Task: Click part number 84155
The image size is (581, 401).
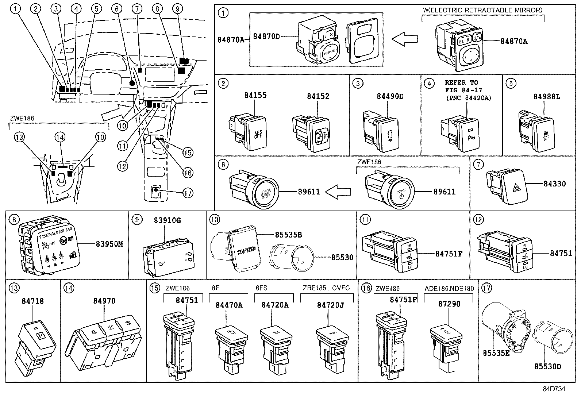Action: [x=255, y=96]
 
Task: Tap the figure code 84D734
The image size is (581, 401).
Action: [x=553, y=389]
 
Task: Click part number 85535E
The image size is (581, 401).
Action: [x=496, y=353]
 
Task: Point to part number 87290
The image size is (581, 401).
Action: [x=449, y=304]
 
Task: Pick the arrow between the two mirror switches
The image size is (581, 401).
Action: [x=404, y=39]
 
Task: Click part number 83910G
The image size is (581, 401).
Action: [x=167, y=220]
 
